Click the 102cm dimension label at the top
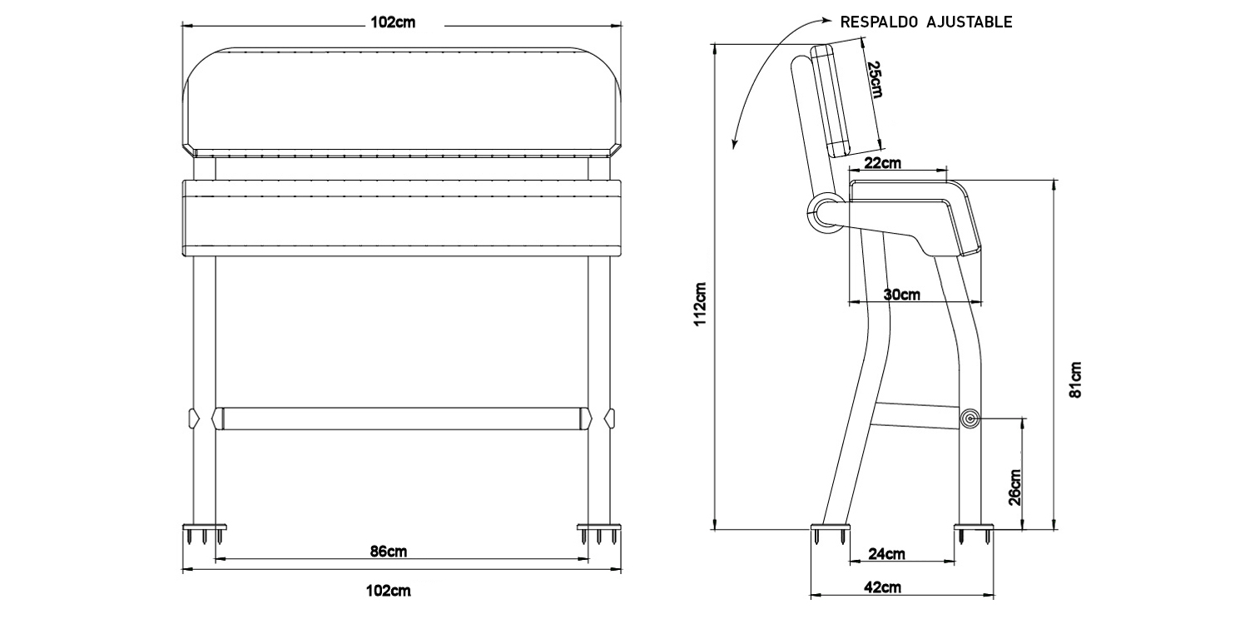tap(392, 23)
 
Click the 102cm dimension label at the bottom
tap(388, 592)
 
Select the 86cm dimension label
tap(388, 551)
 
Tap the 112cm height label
tap(701, 302)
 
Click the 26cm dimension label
tap(1014, 488)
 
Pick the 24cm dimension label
tap(886, 554)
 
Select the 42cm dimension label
tap(882, 587)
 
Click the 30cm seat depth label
tap(901, 295)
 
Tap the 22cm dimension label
tap(882, 163)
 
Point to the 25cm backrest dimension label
tap(873, 80)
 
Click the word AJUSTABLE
tap(969, 22)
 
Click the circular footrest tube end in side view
tap(970, 419)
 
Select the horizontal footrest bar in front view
tap(400, 418)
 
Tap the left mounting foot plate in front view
tap(204, 527)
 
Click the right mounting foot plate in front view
tap(599, 527)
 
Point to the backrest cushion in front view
tap(400, 100)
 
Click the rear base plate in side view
tap(831, 527)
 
